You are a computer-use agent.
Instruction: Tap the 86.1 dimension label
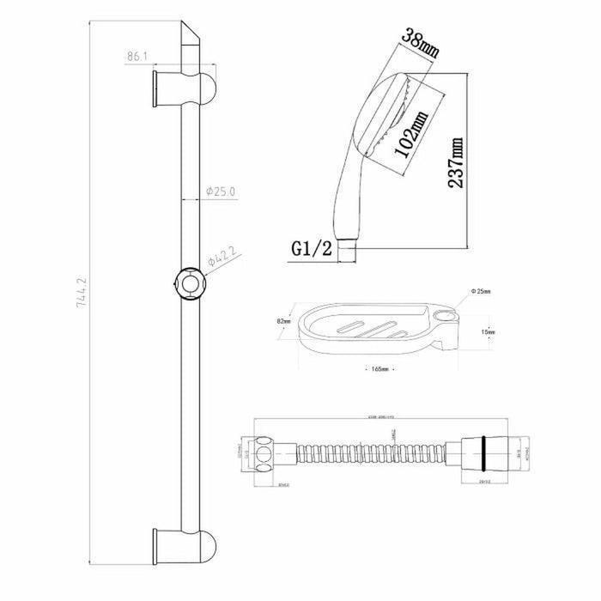click(137, 56)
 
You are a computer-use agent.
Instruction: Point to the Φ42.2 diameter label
click(222, 254)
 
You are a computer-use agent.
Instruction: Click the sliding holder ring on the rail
click(189, 283)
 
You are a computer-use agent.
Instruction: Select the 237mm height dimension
click(456, 163)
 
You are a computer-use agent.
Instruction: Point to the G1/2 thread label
click(309, 250)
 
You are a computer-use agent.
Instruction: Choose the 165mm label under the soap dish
click(378, 368)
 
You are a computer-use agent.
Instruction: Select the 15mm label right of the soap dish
click(485, 331)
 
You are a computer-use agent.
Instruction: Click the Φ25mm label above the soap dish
click(480, 292)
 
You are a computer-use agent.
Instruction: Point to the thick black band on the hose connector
click(490, 452)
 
